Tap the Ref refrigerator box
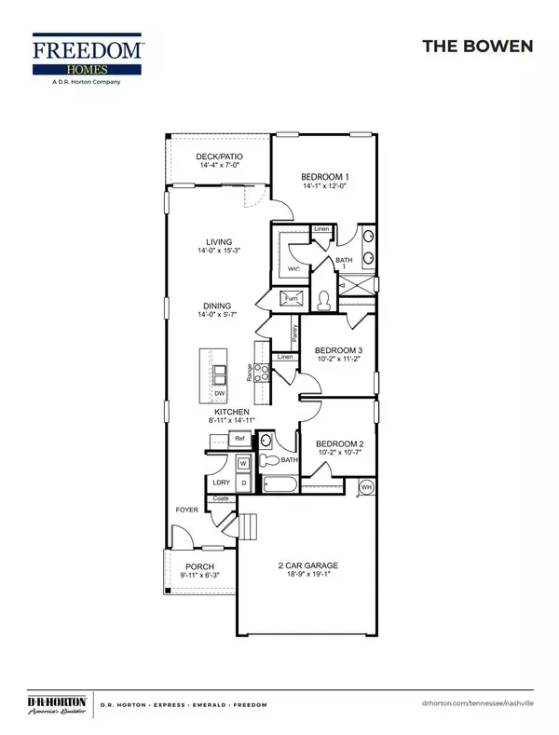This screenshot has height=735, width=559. pyautogui.click(x=239, y=438)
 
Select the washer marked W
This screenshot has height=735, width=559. pyautogui.click(x=242, y=463)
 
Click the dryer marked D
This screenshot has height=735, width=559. pyautogui.click(x=242, y=483)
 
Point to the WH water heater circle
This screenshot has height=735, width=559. pyautogui.click(x=366, y=486)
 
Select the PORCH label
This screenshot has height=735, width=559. pyautogui.click(x=199, y=566)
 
